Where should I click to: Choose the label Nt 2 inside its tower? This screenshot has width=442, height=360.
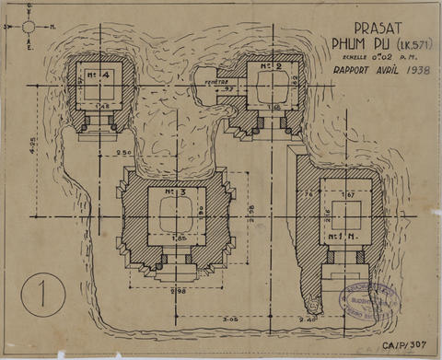269,66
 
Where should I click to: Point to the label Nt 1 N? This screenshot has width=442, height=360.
344,237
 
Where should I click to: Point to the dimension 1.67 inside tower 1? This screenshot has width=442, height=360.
348,195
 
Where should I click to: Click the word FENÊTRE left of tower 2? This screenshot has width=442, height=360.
217,81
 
